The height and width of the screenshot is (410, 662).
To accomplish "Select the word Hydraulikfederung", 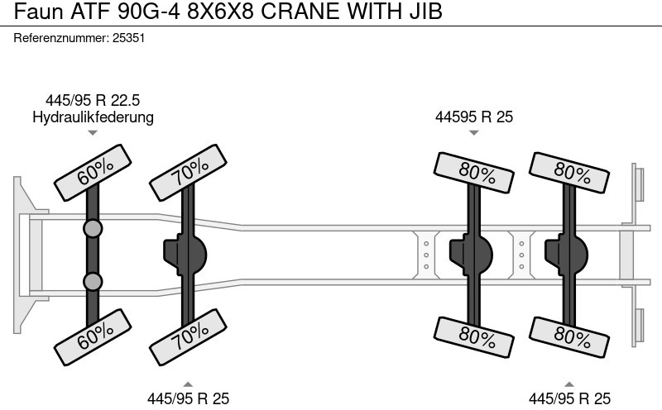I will pos(93,117).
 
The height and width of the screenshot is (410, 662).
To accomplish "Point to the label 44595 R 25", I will pos(474,117).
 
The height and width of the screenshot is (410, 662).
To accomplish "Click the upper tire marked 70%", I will pos(189,171).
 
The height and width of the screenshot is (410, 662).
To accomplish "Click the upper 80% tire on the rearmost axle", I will pos(569,171).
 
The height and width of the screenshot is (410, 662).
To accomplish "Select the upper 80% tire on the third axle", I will pos(474,171).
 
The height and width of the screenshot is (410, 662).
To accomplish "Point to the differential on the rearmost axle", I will pos(567,252).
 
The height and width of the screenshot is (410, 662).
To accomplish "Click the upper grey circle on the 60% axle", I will pos(93,228).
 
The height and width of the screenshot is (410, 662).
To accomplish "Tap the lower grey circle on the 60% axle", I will pos(93,282).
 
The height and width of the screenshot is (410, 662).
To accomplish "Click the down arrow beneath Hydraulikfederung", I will pos(93,132).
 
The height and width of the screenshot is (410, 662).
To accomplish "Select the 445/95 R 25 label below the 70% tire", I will pos(188,398).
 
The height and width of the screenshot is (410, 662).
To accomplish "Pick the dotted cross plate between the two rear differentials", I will pos(520,252).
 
